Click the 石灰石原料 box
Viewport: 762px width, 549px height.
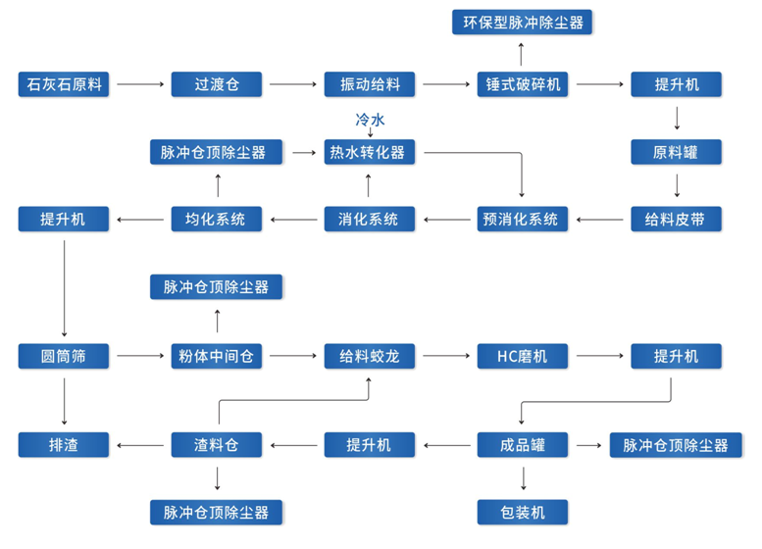coord(64,84)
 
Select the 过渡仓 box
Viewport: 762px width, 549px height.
coord(217,84)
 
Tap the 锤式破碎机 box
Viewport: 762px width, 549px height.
coord(523,84)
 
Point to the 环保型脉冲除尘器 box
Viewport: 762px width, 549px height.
coord(523,21)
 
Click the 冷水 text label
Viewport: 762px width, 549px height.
coord(370,119)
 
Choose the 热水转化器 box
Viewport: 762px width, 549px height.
coord(370,152)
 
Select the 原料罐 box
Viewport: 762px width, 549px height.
coord(676,152)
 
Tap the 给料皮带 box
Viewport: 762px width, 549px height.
coord(676,219)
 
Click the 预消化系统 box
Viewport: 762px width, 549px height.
coord(523,219)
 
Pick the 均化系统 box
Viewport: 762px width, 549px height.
coord(217,219)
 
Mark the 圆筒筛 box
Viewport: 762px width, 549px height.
coord(64,356)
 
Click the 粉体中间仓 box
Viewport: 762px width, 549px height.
coord(217,356)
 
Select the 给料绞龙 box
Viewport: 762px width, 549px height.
coord(370,356)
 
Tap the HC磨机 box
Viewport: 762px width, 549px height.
coord(523,356)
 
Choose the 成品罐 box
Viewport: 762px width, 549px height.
coord(523,445)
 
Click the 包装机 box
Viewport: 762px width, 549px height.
coord(523,511)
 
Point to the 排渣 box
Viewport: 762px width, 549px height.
coord(64,445)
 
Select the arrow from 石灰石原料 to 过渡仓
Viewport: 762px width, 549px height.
coord(140,85)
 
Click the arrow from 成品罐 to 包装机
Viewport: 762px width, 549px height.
coord(523,478)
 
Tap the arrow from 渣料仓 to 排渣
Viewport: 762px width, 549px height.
coord(140,445)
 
